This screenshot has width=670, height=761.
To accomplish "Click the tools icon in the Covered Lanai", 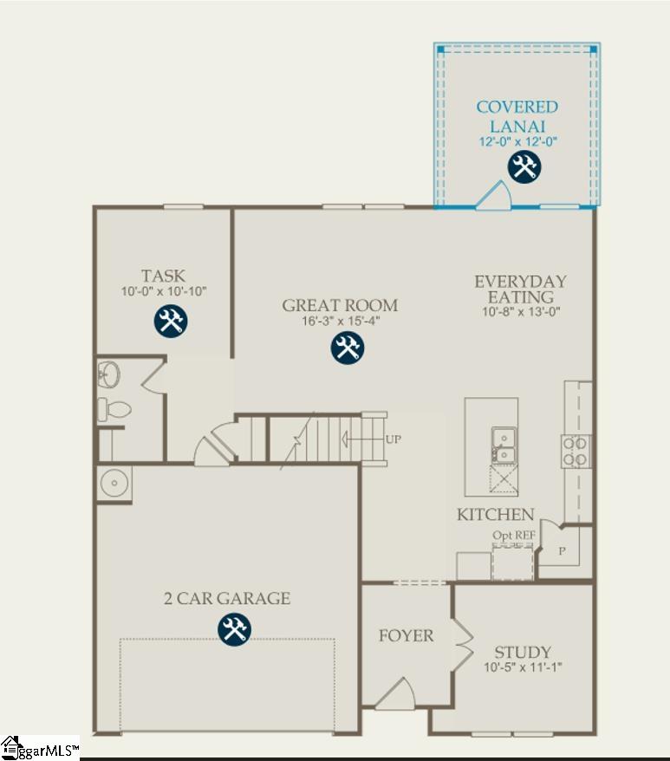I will point(524,166).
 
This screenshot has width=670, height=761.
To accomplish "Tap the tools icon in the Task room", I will point(171,321).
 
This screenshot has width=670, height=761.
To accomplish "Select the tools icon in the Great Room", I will point(348,348).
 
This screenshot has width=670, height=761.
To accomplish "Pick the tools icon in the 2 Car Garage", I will point(232,629).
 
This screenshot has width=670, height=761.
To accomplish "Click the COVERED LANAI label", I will point(517,116).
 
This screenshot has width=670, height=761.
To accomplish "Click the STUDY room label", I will point(523,652).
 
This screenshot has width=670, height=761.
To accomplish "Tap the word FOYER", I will point(406,636).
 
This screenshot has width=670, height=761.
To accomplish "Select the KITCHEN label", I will point(496,515).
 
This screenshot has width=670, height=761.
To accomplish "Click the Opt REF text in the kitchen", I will point(513,536).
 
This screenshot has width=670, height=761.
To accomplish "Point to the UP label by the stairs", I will point(393,439).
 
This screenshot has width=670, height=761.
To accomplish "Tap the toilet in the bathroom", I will point(113,409).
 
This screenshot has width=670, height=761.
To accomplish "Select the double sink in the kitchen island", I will point(502,445).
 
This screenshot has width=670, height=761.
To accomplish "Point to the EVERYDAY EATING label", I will point(520,289).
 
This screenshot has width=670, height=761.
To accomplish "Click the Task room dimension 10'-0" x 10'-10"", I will point(164,292).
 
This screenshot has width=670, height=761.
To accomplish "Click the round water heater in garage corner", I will point(114,484).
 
